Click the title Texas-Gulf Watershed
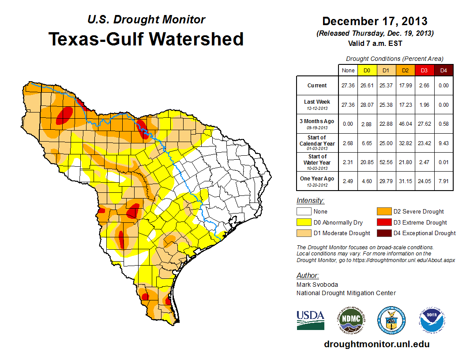click(x=146, y=39)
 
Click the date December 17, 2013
click(x=375, y=21)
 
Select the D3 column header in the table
click(x=424, y=70)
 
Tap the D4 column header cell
click(x=443, y=70)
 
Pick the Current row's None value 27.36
click(x=348, y=86)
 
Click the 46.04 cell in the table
click(x=405, y=124)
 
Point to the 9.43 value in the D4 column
click(x=443, y=143)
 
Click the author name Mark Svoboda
click(x=317, y=285)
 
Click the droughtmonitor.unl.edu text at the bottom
click(x=376, y=344)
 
